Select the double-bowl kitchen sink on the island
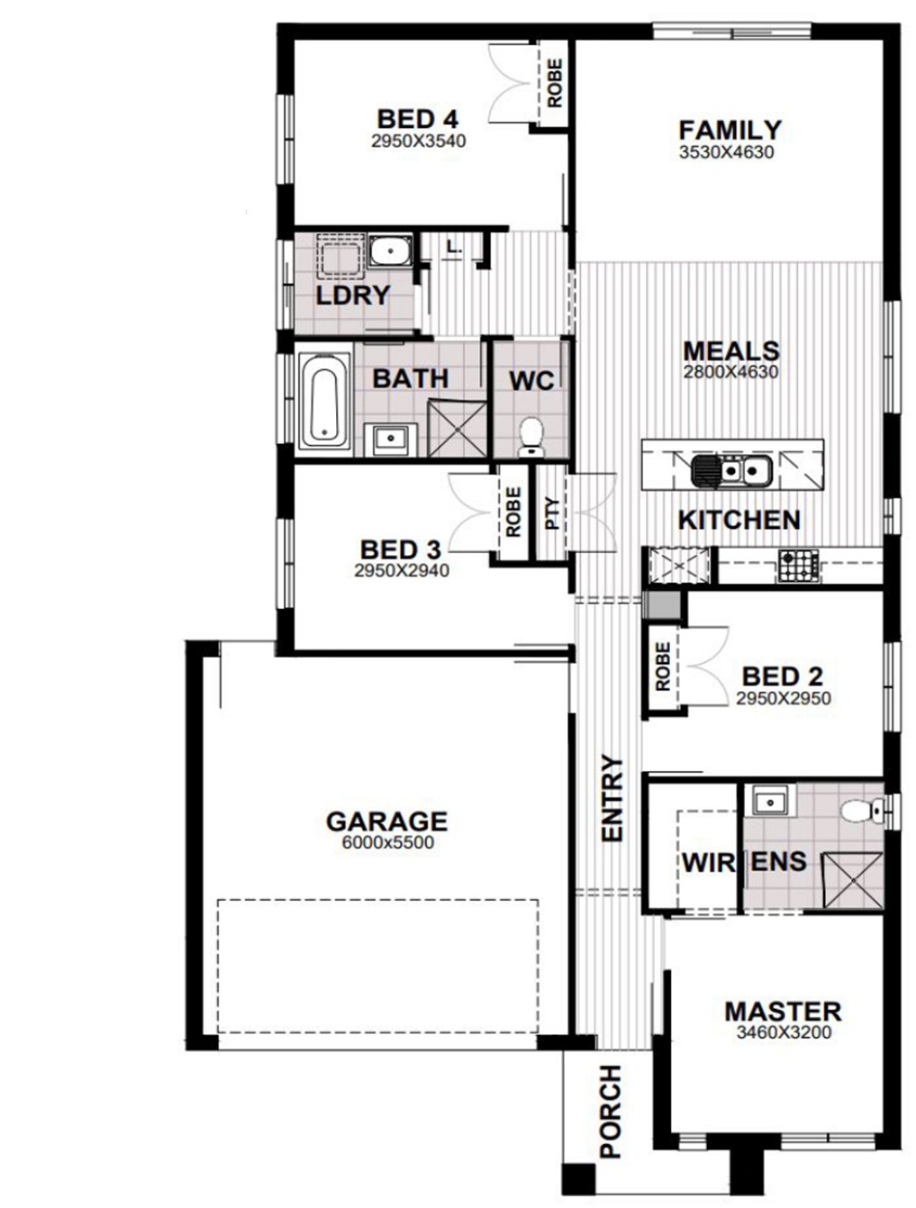(x=731, y=472)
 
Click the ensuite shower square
(x=853, y=880)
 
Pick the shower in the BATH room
(x=458, y=430)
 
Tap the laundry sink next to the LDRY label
(x=390, y=251)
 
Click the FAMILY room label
(x=730, y=131)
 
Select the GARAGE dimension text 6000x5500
(x=388, y=842)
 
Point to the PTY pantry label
(x=552, y=513)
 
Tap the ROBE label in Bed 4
(x=555, y=83)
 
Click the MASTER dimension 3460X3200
(x=784, y=1033)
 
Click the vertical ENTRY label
(x=612, y=798)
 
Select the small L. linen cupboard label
(x=453, y=247)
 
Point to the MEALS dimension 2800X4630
(x=730, y=373)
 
